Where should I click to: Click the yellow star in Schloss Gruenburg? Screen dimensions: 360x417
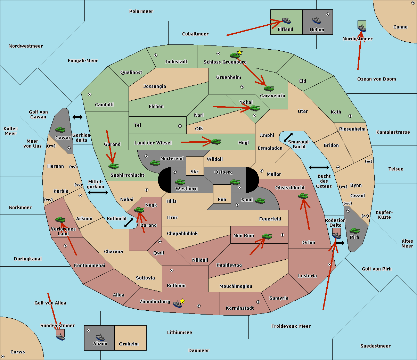pos(239,52)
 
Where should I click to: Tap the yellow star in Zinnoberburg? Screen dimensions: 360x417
pos(182,301)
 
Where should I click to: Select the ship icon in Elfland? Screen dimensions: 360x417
pos(286,20)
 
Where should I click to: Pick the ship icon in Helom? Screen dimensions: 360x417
pos(317,20)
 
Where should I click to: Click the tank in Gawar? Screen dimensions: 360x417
pos(60,129)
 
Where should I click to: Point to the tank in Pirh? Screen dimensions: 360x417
pos(354,231)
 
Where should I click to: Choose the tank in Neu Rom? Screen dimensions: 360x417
pos(267,236)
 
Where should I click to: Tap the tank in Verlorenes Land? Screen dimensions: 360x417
pos(60,219)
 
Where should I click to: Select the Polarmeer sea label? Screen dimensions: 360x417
pos(141,11)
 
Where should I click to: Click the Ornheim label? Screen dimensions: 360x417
pos(129,344)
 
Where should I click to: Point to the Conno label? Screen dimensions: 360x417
pos(400,27)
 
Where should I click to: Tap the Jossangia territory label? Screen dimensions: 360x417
pos(155,86)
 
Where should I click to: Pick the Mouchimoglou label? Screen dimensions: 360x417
pos(236,286)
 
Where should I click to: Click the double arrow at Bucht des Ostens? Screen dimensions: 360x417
pos(319,168)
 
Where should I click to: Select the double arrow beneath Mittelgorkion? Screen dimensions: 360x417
pos(98,193)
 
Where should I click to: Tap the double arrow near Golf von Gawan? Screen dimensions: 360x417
pos(77,117)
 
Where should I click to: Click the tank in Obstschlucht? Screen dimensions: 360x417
pos(303,196)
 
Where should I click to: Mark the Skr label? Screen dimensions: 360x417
pos(195,172)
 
